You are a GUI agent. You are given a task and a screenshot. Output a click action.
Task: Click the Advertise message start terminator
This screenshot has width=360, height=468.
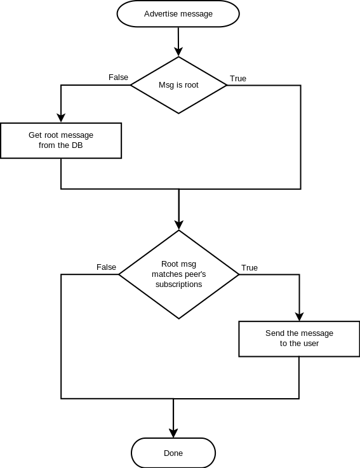[x=178, y=14]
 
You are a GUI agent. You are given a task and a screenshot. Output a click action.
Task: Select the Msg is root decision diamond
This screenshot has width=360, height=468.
[x=178, y=85]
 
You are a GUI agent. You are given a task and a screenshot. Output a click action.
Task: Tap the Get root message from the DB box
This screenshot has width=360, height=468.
[x=61, y=140]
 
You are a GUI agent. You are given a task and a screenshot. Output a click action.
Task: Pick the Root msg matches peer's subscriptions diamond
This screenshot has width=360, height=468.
[x=179, y=274]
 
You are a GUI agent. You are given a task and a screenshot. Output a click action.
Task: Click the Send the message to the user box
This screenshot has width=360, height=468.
[x=299, y=338]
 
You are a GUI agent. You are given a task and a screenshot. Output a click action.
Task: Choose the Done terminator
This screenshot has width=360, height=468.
[x=173, y=453]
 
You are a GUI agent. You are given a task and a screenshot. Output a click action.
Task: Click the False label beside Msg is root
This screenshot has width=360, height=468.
[x=118, y=77]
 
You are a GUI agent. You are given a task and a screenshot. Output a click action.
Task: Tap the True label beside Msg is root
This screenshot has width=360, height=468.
[x=238, y=79]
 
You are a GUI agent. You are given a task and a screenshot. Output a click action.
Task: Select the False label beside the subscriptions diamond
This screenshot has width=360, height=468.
[x=106, y=267]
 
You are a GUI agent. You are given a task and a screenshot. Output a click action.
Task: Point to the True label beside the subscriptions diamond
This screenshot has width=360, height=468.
[x=250, y=268]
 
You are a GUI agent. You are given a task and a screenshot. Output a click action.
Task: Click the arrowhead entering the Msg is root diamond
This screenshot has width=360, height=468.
[x=178, y=52]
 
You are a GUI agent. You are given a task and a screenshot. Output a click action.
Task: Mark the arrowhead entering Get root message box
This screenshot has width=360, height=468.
[x=61, y=117]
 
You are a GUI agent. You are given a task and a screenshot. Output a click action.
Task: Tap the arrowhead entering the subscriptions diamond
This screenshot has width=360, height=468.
[x=179, y=225]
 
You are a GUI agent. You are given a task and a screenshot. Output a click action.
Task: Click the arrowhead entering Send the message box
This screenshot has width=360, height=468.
[x=299, y=316]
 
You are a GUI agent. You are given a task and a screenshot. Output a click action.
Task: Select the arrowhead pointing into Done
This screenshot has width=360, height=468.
[x=173, y=433]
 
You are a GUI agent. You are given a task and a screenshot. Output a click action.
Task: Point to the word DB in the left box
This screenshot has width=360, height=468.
[x=77, y=145]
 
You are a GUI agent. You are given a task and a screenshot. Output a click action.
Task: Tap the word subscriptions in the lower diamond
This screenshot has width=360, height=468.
[x=179, y=284]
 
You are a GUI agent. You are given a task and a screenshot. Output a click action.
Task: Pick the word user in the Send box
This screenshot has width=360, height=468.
[x=311, y=344]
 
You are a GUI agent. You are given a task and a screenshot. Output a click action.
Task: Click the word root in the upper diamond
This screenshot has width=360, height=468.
[x=192, y=85]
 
